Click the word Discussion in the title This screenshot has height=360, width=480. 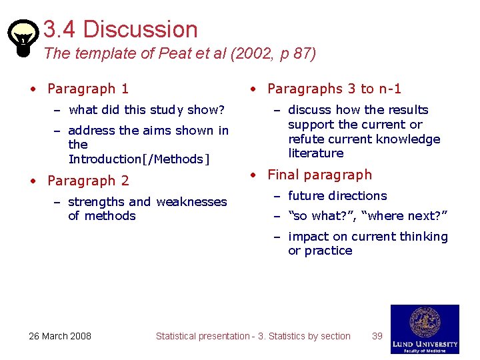(x=140, y=29)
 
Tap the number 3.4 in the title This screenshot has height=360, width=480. (x=61, y=29)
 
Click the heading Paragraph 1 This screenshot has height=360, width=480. (x=88, y=89)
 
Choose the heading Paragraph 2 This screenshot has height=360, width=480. (x=88, y=181)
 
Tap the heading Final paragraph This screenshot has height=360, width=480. (x=319, y=175)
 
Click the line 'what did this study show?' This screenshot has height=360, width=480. (x=146, y=109)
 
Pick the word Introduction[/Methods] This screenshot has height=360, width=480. (x=139, y=159)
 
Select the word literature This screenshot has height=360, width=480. (x=316, y=153)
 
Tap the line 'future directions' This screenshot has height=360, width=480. (x=337, y=195)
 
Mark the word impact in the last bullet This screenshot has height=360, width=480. (x=309, y=237)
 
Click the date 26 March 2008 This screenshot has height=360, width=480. (x=60, y=336)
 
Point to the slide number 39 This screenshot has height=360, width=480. (x=377, y=336)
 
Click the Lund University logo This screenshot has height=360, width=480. (x=425, y=329)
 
